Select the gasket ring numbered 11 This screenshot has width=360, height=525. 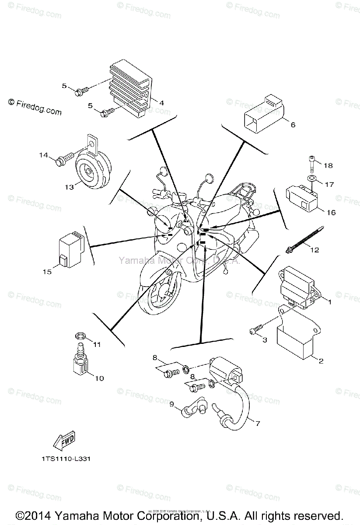point(79,336)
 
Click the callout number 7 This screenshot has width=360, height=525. point(258,423)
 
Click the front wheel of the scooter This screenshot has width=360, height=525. point(160,297)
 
